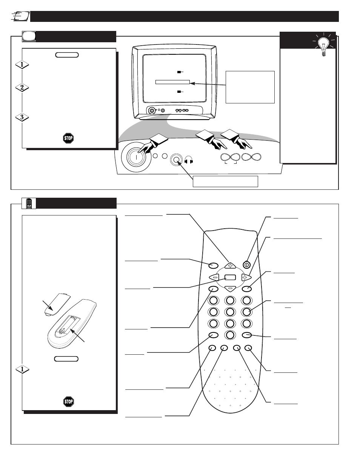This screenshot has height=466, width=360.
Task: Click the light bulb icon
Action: point(323,45)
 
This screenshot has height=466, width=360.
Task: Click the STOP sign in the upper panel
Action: point(68,138)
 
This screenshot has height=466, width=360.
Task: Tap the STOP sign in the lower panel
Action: point(69,401)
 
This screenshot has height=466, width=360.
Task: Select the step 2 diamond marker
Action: point(22,88)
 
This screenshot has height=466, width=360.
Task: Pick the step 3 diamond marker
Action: point(22,117)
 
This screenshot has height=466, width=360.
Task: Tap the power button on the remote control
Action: point(246,265)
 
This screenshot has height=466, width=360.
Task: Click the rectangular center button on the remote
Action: point(230,277)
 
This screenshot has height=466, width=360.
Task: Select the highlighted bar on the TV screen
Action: point(172,82)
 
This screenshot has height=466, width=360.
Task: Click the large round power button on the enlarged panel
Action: point(136,157)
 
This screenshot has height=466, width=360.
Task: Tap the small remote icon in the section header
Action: point(29,203)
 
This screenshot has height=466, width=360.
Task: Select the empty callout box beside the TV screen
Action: point(250,87)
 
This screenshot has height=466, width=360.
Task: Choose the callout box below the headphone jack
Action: point(225,181)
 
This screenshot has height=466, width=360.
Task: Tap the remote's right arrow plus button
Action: point(246,277)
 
